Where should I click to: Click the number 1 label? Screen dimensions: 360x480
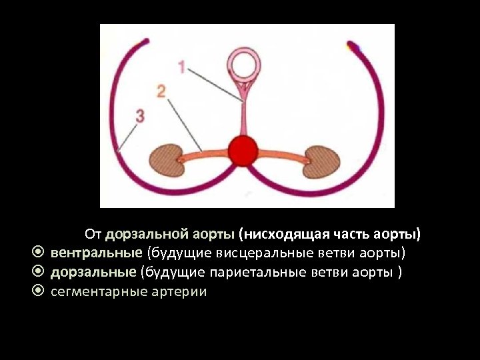tap(182, 67)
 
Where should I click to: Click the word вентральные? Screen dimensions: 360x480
tap(97, 253)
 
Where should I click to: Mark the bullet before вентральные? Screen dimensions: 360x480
tap(39, 253)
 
